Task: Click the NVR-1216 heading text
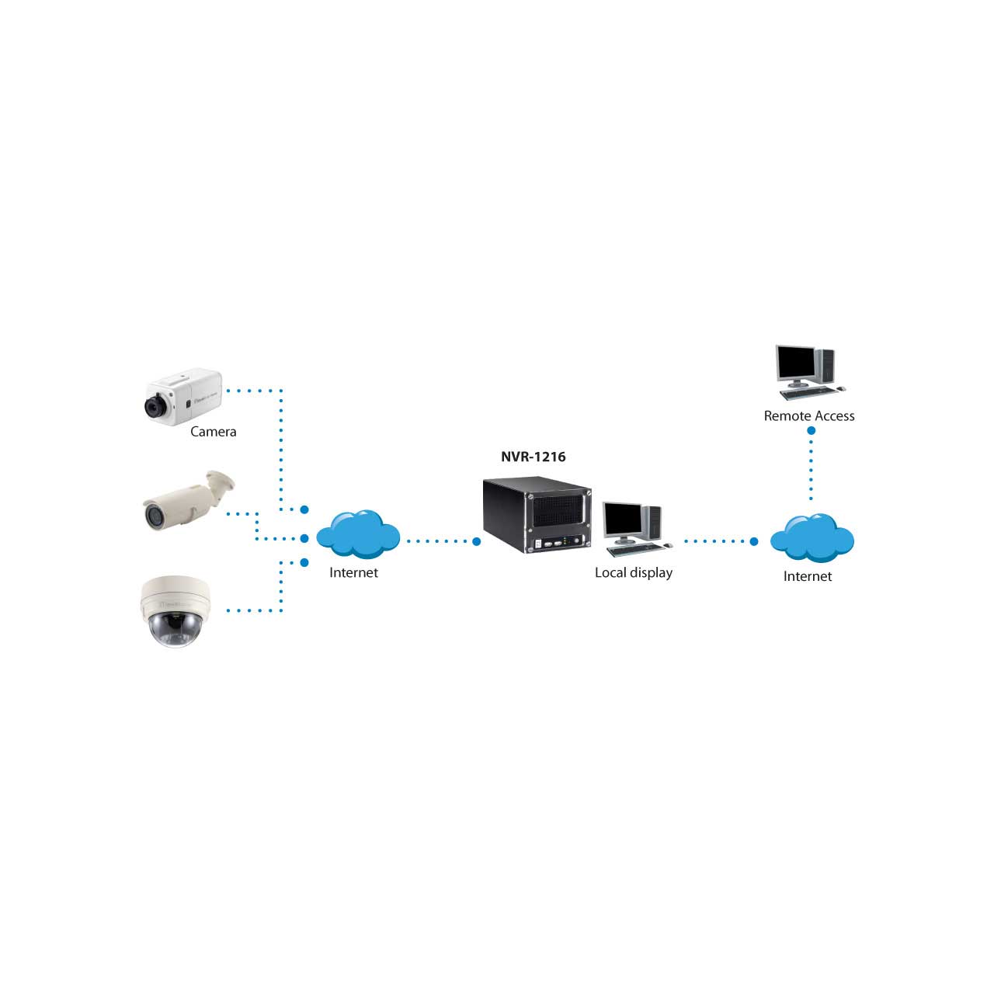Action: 533,457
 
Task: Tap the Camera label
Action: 213,431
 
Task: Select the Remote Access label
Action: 809,415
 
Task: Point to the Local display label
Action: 634,572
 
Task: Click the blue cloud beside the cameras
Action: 357,534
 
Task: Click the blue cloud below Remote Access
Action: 812,537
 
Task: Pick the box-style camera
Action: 183,396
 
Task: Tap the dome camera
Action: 175,612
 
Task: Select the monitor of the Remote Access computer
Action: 796,363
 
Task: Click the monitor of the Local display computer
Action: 623,520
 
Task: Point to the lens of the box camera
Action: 154,407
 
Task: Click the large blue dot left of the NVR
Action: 477,541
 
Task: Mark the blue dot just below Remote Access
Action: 812,430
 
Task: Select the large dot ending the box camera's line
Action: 304,509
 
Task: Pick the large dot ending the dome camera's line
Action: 304,562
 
